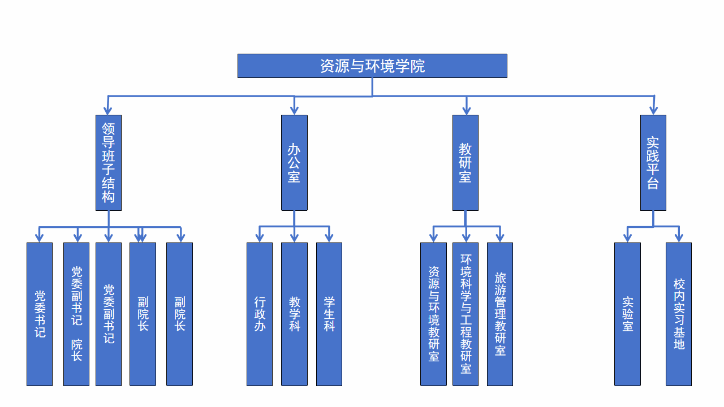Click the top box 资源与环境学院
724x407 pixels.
(372, 66)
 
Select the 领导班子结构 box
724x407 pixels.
(109, 163)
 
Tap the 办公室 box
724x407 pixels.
(294, 163)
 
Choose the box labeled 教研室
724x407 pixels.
(466, 163)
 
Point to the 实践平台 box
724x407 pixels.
(653, 163)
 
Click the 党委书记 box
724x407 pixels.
(40, 314)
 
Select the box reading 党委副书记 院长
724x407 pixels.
(76, 314)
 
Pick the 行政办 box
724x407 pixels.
(260, 314)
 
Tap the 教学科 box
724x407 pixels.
(294, 314)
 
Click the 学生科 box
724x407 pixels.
(329, 314)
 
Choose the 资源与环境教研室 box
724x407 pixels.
(433, 314)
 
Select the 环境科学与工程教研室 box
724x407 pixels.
(466, 314)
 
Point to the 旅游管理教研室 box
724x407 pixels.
(500, 314)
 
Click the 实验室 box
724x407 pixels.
(628, 314)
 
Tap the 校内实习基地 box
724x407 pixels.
(679, 314)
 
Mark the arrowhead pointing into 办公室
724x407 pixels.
(294, 110)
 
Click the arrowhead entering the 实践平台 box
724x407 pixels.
(653, 110)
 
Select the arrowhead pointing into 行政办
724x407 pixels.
(260, 237)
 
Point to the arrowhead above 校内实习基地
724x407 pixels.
(679, 237)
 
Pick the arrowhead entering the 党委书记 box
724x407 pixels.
(40, 237)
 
